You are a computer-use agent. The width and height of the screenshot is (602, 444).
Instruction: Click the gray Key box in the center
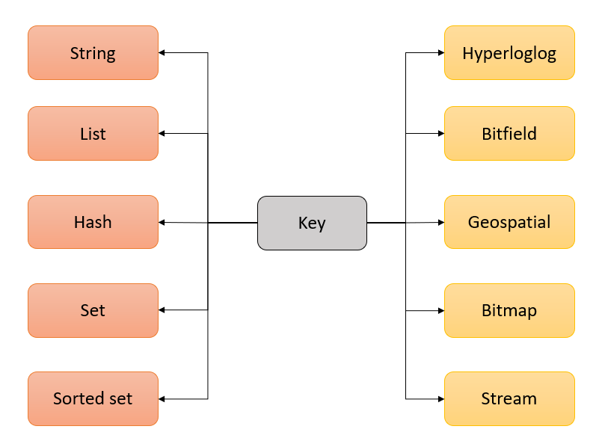coord(312,223)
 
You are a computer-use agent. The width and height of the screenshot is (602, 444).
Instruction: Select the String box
coord(93,53)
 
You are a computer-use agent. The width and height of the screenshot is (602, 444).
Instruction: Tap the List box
coord(93,134)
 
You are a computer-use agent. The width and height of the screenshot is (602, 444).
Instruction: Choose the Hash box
coord(93,222)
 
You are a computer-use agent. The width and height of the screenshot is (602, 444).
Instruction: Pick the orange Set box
coord(93,310)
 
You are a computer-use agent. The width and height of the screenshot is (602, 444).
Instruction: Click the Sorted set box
coord(93,398)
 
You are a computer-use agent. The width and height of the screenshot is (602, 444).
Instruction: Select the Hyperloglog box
coord(509,53)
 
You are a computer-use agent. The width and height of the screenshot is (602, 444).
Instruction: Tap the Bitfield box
coord(509,134)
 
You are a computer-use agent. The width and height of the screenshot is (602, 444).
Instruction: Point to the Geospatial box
coord(509,222)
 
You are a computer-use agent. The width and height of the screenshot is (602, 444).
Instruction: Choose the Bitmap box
coord(509,310)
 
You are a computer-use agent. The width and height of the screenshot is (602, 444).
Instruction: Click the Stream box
coord(509,398)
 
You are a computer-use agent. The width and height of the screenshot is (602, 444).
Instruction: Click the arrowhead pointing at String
coord(162,53)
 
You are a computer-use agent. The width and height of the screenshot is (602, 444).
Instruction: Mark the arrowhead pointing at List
coord(162,134)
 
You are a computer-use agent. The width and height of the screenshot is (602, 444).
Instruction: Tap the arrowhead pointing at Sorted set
coord(162,398)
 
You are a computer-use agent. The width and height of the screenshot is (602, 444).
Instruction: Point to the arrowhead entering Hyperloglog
coord(440,53)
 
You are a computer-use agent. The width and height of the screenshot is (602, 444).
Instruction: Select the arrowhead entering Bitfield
coord(440,134)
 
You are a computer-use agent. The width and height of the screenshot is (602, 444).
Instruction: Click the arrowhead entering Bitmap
coord(440,310)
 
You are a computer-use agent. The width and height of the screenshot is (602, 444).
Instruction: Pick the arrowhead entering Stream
coord(440,398)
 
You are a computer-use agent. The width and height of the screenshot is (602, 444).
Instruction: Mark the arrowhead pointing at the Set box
coord(162,310)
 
